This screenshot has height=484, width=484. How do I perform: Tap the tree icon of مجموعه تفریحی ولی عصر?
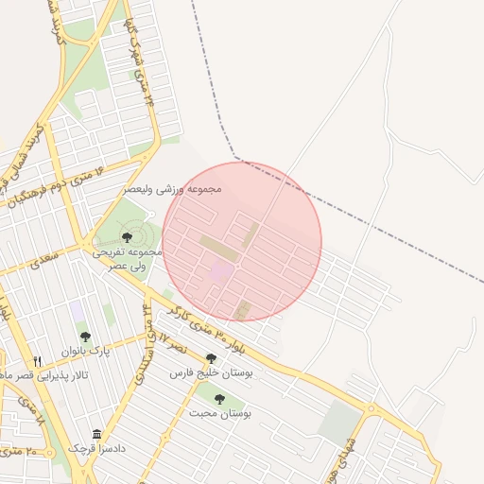(127, 238)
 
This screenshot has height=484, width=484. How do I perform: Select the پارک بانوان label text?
(86, 352)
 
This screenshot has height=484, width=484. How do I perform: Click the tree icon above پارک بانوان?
(85, 337)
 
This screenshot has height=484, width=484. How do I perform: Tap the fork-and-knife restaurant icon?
(38, 361)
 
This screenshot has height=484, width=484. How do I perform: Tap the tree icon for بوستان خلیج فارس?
(211, 358)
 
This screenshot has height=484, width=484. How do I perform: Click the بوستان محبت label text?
(219, 413)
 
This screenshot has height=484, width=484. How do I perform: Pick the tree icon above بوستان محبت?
(219, 399)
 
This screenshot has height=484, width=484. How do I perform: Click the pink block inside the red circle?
(221, 273)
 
